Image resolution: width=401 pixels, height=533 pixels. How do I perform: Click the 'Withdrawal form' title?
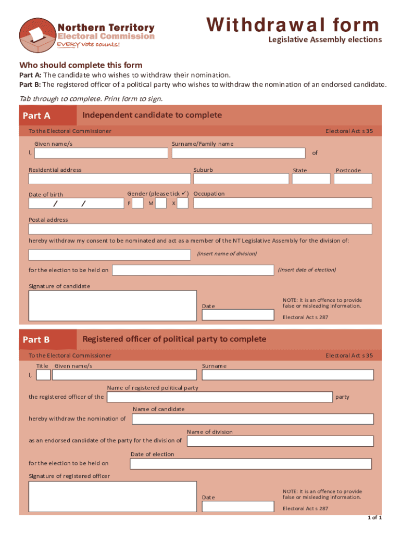[x=293, y=24]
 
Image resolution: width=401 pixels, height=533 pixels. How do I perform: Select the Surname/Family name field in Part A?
[x=239, y=153]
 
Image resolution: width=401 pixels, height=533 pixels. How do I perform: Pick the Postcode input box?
[x=353, y=179]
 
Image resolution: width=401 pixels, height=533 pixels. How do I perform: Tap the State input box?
[x=311, y=179]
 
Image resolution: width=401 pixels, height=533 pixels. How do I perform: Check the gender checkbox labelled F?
[x=137, y=203]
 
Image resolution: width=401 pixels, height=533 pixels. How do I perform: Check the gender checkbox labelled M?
[x=160, y=203]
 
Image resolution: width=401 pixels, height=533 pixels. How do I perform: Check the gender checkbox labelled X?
[x=182, y=203]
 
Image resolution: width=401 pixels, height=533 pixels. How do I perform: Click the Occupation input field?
[x=283, y=203]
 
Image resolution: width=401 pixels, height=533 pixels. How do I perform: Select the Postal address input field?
[x=200, y=229]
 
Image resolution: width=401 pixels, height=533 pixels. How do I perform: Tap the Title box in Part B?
[x=44, y=375]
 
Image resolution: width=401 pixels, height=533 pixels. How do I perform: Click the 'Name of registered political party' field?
[x=219, y=397]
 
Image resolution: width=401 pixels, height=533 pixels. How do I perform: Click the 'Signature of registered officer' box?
[x=112, y=497]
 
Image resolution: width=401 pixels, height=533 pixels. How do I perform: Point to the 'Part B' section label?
[x=36, y=340]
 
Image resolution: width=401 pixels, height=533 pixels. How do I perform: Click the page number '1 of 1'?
[x=375, y=518]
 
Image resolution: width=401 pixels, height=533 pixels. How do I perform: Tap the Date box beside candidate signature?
[x=237, y=315]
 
